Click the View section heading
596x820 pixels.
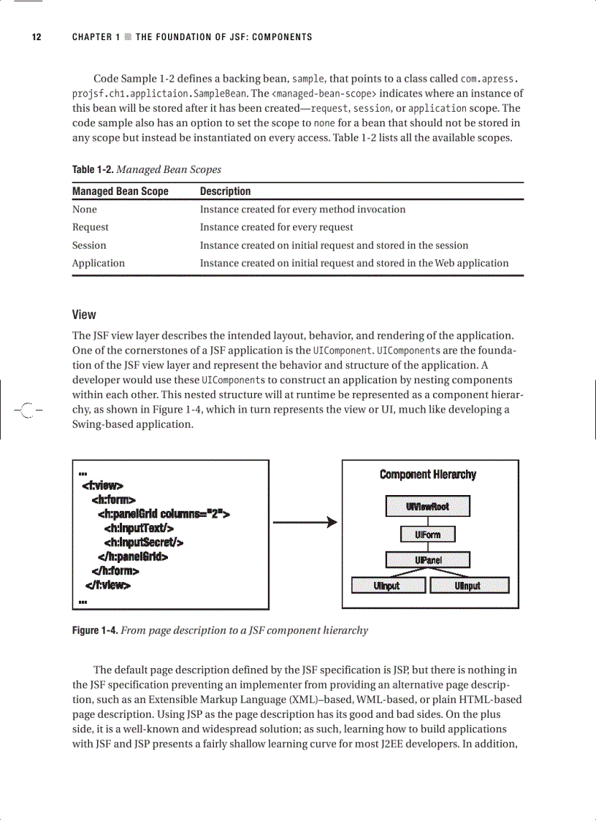84,315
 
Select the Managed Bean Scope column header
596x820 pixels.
120,191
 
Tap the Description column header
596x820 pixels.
225,191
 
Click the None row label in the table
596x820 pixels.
84,210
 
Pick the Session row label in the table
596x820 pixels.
89,245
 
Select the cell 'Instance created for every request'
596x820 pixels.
276,227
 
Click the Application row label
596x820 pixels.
98,263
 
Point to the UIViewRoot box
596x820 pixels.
427,506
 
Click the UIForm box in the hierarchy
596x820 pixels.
427,534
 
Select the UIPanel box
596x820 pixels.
427,560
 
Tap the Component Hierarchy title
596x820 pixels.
427,475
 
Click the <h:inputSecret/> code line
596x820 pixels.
143,542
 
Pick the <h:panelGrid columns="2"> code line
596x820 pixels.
164,514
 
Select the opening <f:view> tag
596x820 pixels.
103,486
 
